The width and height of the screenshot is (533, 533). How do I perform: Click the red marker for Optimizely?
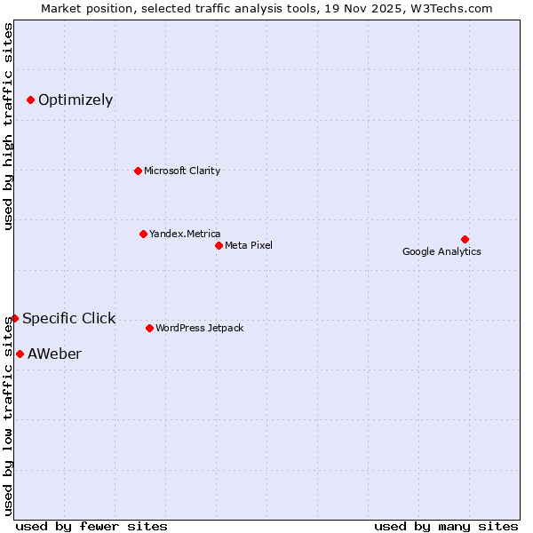point(30,99)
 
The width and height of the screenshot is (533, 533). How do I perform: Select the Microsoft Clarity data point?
point(138,171)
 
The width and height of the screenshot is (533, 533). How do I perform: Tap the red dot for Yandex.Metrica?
point(143,234)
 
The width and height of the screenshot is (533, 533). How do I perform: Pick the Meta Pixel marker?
point(219,245)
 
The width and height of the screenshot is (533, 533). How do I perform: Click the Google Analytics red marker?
point(465,239)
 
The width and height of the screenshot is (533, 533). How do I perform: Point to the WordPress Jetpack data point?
point(149,328)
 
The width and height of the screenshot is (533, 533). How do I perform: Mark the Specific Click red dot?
point(14,318)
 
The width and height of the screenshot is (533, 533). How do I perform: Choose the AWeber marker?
point(20,354)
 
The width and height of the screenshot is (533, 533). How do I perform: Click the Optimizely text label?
point(76,99)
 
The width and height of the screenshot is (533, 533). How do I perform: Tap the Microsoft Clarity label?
point(182,171)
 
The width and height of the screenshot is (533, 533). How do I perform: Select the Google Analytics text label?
point(442,251)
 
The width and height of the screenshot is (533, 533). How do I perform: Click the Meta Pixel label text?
point(249,245)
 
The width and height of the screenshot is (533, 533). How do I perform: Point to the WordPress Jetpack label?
point(200,328)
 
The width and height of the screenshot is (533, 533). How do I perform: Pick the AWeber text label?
point(54,354)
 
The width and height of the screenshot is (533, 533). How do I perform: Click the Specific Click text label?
point(69,318)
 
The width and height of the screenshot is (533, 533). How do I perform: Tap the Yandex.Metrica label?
point(185,234)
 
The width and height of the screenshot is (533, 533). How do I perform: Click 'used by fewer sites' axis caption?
point(91,526)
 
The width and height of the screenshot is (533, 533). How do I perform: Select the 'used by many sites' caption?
point(446,526)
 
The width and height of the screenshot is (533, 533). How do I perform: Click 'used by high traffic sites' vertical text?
point(8,126)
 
